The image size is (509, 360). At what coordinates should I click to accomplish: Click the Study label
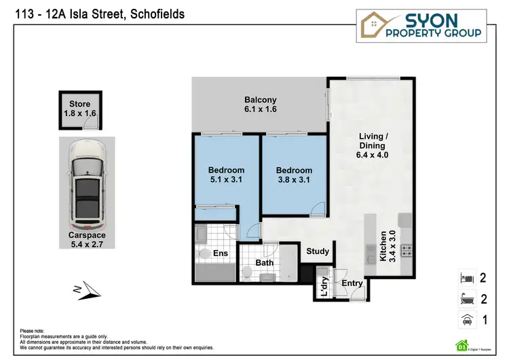(x=318, y=251)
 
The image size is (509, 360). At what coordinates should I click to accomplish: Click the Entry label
(x=352, y=283)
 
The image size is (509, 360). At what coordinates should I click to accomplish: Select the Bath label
(x=265, y=263)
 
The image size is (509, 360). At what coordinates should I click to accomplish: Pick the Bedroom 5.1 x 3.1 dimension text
(x=227, y=180)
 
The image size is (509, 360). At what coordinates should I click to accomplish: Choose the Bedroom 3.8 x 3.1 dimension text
(x=295, y=180)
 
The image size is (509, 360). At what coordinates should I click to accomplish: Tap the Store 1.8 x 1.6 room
(x=79, y=109)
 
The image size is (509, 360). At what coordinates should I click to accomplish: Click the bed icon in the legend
(x=466, y=277)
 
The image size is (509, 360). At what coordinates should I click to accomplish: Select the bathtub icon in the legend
(x=466, y=298)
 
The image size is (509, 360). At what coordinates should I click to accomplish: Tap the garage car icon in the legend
(x=466, y=319)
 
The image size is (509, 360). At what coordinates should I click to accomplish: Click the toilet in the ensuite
(x=204, y=254)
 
